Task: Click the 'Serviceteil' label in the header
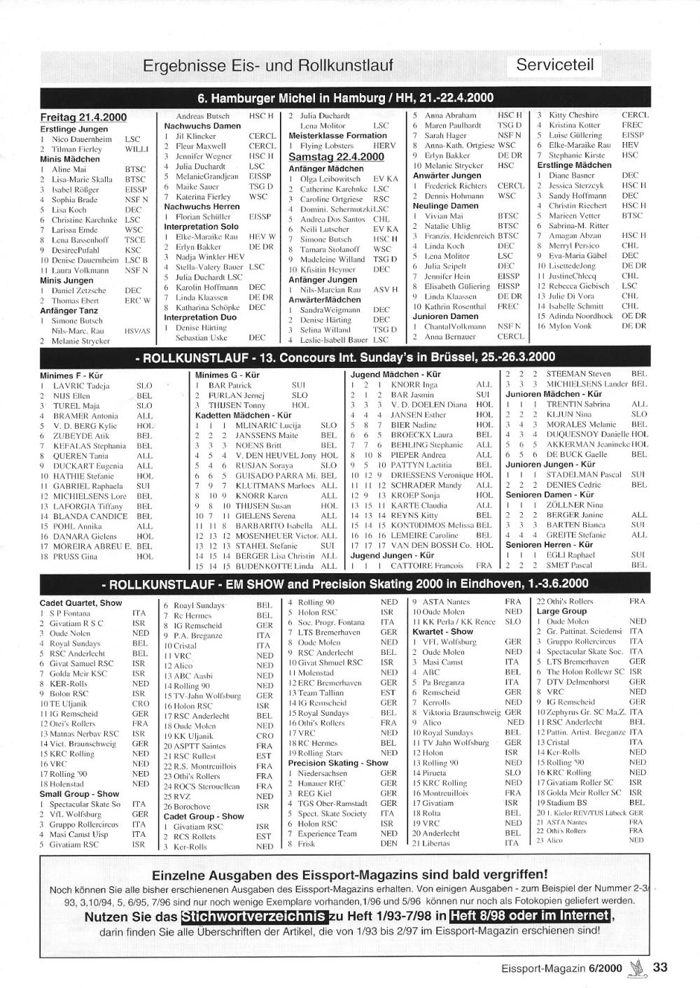pos(554,65)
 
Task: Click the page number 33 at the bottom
pos(660,968)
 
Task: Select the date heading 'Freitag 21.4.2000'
pos(83,118)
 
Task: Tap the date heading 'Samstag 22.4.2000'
pos(336,157)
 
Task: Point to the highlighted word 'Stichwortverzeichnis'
pos(254,917)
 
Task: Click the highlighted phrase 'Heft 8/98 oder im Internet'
pos(529,916)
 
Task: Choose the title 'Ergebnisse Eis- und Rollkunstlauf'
pos(268,66)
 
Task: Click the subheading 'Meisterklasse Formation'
pos(337,136)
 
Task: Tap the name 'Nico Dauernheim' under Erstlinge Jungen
pos(81,139)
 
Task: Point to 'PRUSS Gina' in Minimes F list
pos(75,557)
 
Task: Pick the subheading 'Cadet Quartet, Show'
pos(80,603)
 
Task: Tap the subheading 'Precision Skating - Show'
pos(337,763)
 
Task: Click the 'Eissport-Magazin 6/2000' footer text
pos(561,969)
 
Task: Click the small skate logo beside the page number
pos(636,968)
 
